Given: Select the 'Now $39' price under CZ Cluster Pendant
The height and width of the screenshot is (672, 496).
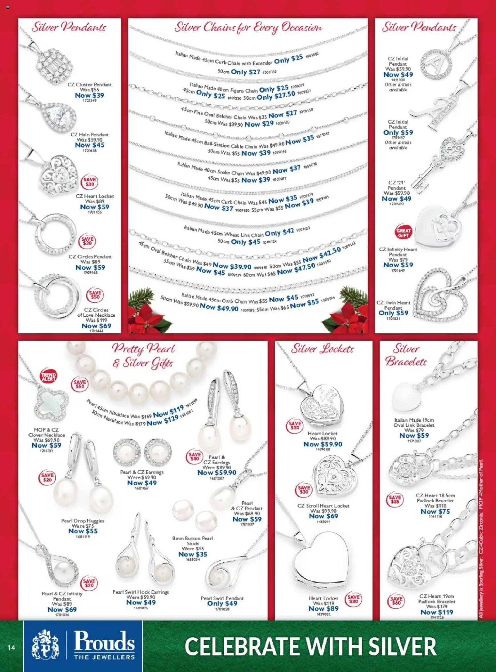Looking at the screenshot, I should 89,95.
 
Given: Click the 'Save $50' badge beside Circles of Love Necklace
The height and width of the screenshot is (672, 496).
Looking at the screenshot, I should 95,295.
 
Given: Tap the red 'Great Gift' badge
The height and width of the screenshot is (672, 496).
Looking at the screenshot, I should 404,233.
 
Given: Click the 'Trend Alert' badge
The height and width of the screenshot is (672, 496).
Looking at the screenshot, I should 48,377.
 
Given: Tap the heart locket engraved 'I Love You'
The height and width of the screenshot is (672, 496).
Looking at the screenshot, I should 321,404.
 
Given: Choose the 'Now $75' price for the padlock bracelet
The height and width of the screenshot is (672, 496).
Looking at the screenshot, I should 435,511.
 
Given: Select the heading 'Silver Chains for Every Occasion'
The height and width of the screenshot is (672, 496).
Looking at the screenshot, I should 248,28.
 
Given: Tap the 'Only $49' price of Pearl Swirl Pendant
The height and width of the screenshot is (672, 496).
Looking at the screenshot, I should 222,603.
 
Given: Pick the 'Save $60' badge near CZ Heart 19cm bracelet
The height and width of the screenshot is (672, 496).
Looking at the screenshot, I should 396,601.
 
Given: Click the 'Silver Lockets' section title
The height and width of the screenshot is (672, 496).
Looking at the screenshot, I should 322,349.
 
